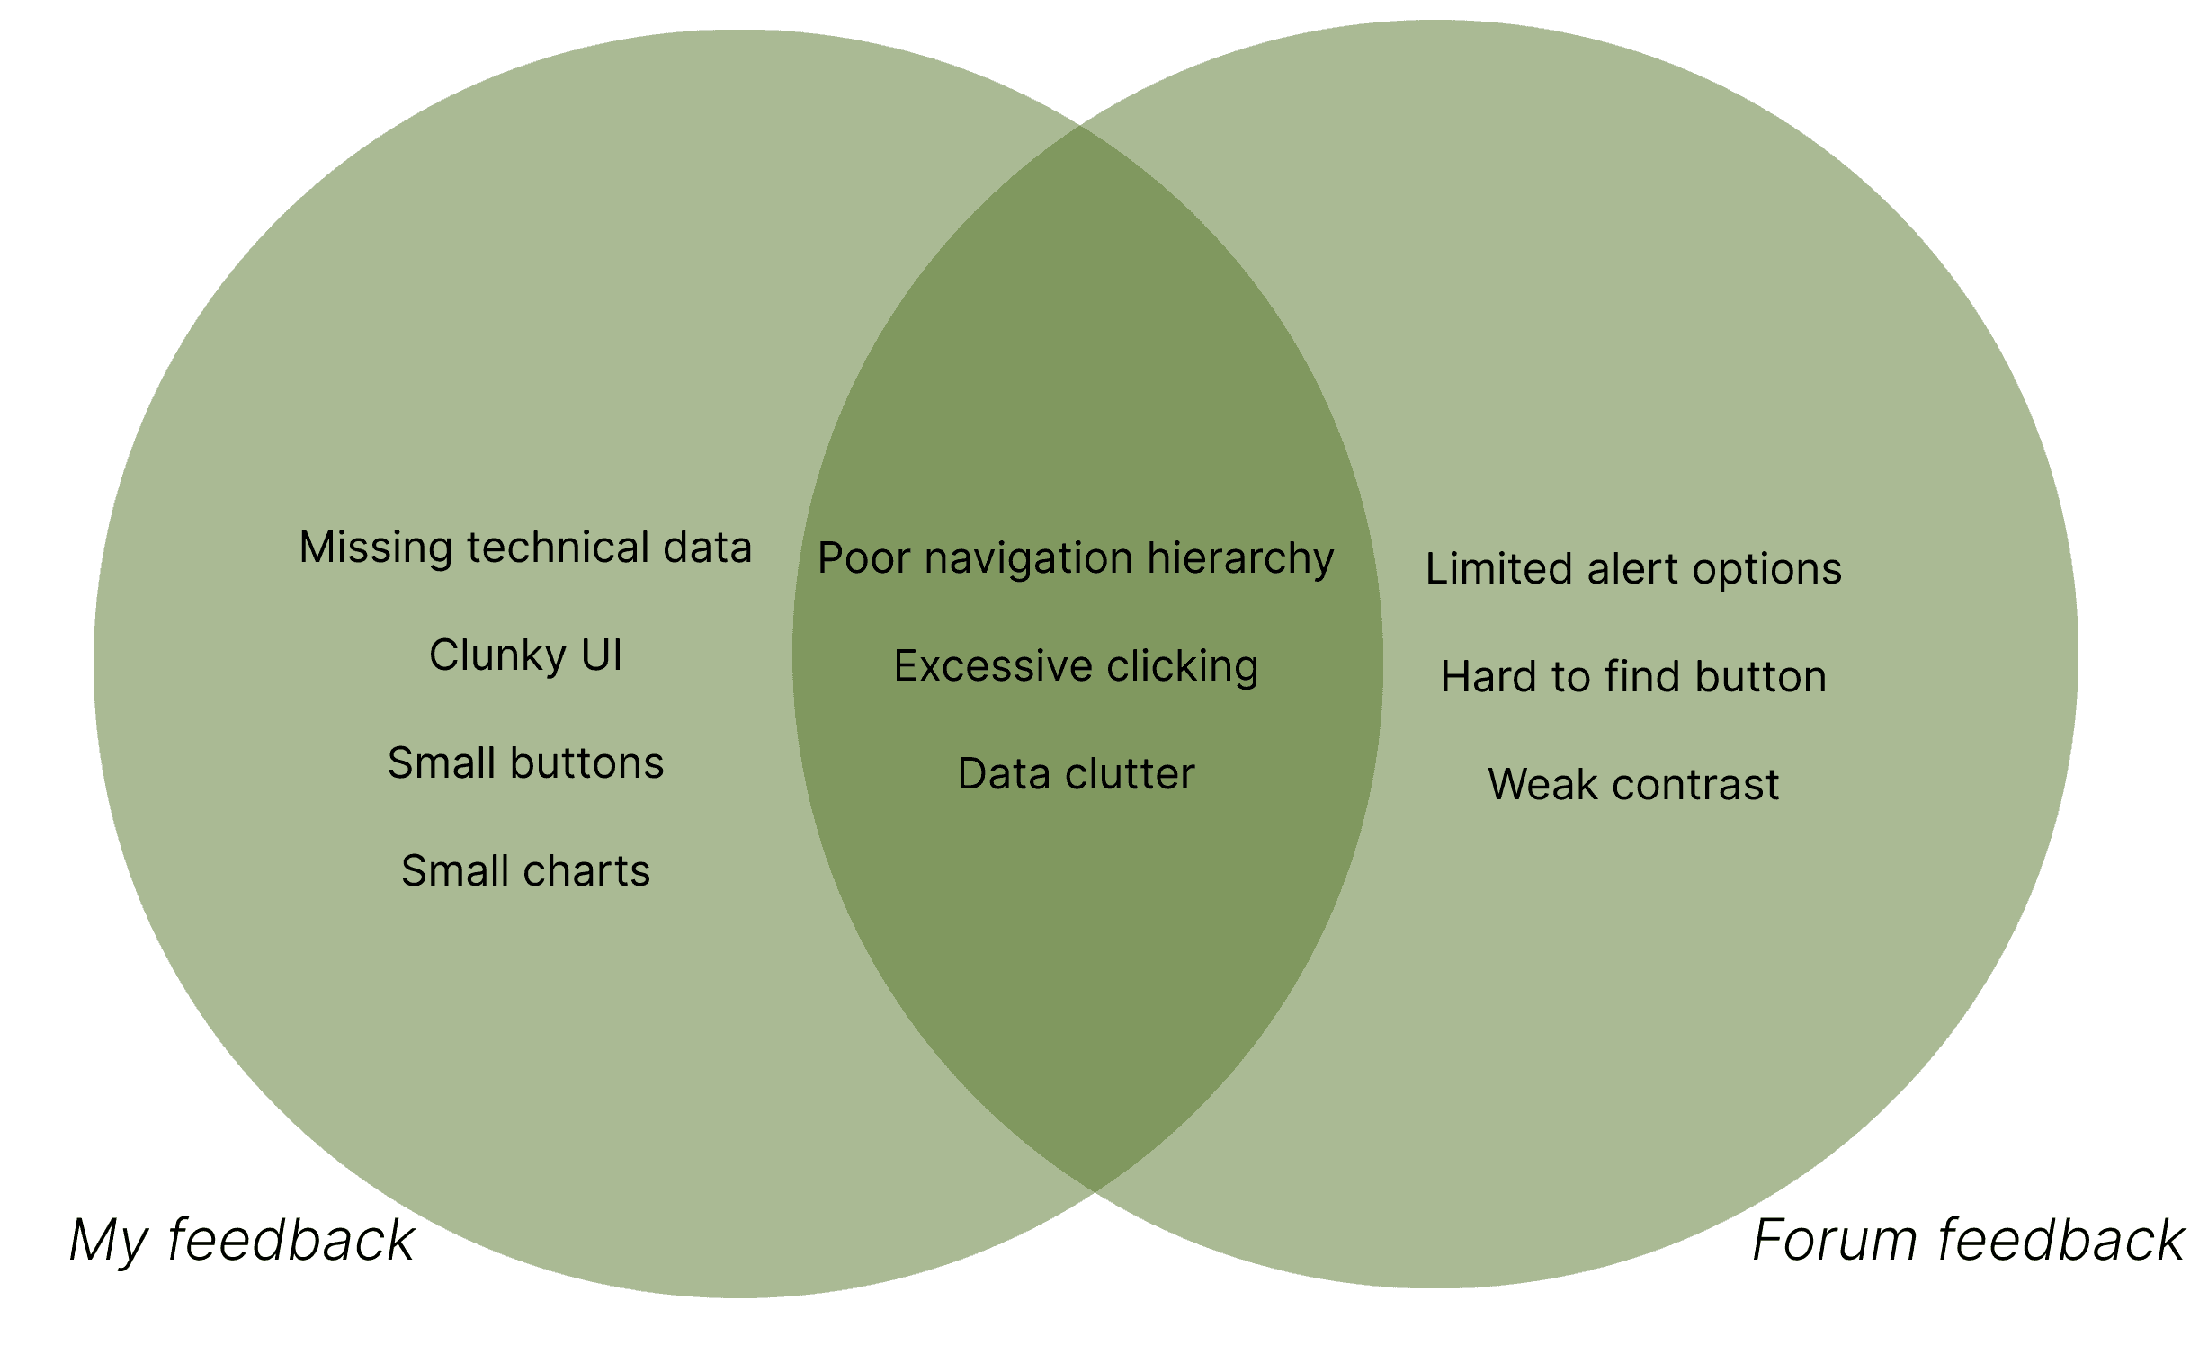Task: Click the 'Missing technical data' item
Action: coord(525,548)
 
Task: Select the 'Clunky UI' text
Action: coord(525,655)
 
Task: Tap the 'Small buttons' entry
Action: coord(525,763)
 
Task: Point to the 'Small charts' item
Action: coord(525,871)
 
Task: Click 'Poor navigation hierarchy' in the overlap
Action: coord(1076,558)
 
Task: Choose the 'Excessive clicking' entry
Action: coord(1076,666)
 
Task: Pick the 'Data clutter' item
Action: coord(1076,774)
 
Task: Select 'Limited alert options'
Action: coord(1632,569)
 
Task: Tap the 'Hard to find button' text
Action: coord(1632,677)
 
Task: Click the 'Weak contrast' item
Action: coord(1632,785)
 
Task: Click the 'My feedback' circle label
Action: coord(241,1242)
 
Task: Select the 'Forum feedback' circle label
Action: coord(1968,1241)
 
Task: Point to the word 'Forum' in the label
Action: coord(1834,1241)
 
